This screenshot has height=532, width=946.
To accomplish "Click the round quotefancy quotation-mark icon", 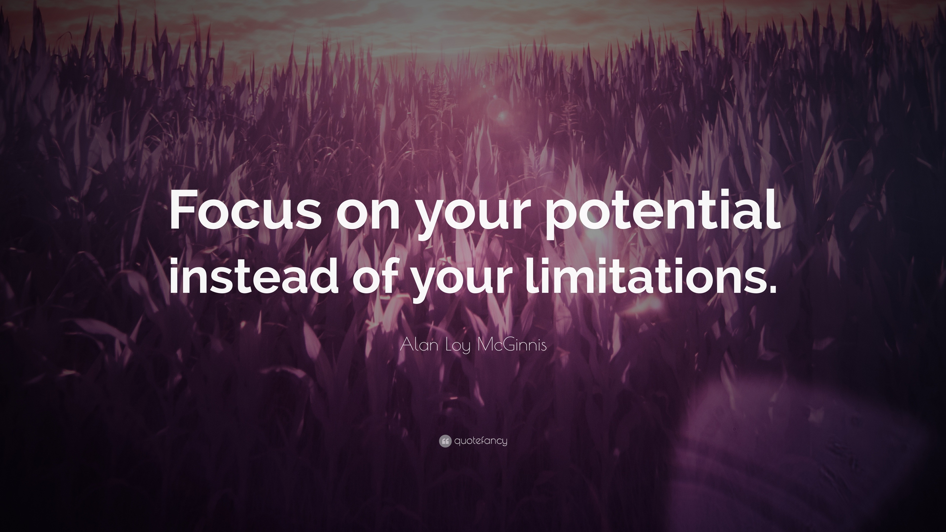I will click(445, 441).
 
